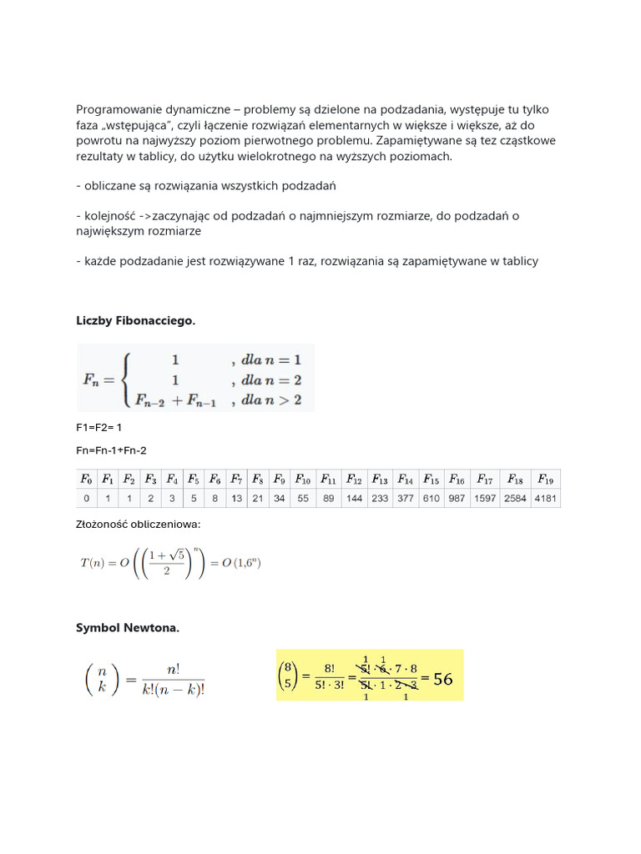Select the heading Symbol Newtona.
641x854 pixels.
tap(128, 628)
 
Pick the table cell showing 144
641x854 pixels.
tap(354, 499)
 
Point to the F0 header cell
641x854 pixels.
tap(86, 480)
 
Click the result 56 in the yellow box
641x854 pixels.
tap(442, 679)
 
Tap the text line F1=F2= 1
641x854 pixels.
tap(99, 428)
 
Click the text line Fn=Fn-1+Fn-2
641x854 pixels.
tap(111, 451)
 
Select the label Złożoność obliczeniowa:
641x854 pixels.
tap(139, 525)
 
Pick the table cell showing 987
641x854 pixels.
tap(457, 499)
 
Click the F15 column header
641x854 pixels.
tap(431, 480)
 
